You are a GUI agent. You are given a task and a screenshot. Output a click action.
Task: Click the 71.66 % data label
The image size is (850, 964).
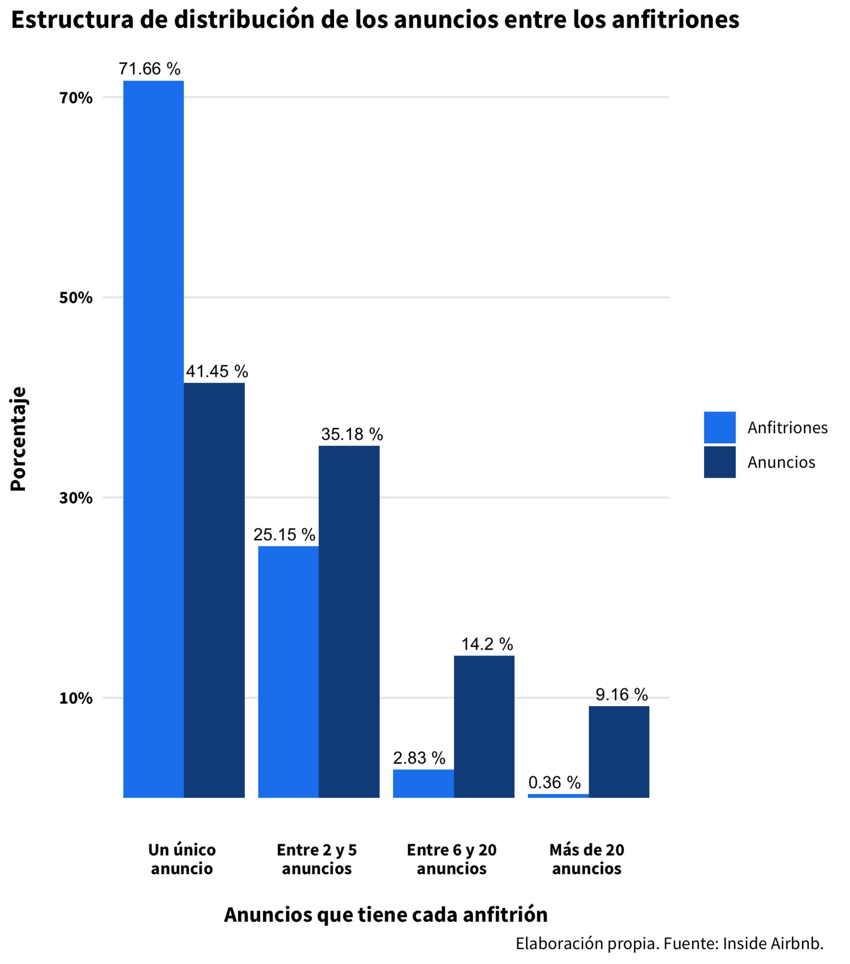coord(149,69)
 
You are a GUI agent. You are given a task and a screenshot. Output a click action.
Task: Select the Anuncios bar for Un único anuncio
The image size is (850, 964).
coord(214,589)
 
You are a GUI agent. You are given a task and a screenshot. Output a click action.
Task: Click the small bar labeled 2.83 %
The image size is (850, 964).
coord(423,783)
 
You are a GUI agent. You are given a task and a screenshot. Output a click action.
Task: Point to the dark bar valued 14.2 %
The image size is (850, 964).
coord(484,726)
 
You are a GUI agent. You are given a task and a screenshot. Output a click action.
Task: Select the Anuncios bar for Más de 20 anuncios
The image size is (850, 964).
coord(618,752)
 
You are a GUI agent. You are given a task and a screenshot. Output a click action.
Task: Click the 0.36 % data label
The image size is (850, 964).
coord(554,782)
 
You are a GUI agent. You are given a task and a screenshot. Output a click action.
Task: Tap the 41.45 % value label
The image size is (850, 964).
coord(216,372)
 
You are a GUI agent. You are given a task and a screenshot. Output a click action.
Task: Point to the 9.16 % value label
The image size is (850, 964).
coord(621,694)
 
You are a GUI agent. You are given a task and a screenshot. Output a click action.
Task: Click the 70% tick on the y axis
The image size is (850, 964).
coord(75,98)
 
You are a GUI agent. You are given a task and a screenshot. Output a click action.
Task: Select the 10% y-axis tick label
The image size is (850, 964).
coord(75,698)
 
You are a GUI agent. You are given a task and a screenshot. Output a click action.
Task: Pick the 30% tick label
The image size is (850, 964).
coord(75,498)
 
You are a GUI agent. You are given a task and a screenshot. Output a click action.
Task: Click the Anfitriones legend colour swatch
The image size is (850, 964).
coord(720,427)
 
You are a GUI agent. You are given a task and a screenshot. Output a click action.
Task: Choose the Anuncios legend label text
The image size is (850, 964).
coord(781,462)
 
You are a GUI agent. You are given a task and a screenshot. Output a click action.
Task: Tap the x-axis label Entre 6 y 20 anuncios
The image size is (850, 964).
coord(451,859)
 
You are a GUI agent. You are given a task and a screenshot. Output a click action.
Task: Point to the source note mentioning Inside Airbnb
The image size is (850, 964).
coord(669,943)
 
